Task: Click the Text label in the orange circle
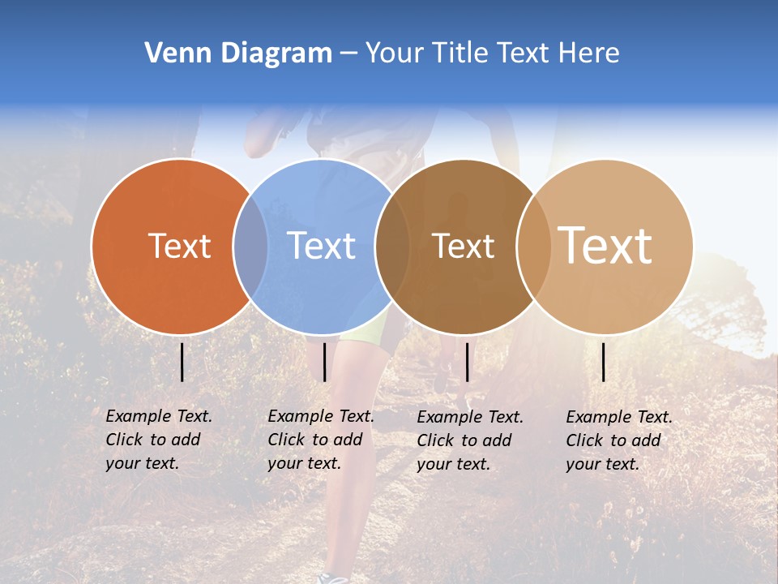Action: click(x=179, y=246)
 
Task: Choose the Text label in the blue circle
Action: click(x=321, y=246)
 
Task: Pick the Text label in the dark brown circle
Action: click(x=463, y=246)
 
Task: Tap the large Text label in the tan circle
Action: click(x=605, y=246)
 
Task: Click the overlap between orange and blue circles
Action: click(x=250, y=247)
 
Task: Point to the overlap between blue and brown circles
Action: click(x=392, y=247)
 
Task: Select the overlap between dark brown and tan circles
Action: click(x=533, y=247)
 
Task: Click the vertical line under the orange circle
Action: click(x=182, y=362)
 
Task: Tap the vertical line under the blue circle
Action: click(x=324, y=362)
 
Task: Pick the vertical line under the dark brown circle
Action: click(x=468, y=362)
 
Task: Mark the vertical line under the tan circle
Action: click(x=604, y=362)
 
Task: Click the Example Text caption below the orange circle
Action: click(x=158, y=440)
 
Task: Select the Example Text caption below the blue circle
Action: click(x=320, y=440)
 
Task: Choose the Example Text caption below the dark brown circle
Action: click(x=469, y=440)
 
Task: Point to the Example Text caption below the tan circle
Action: click(x=618, y=440)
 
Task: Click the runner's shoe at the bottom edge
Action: click(x=333, y=578)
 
